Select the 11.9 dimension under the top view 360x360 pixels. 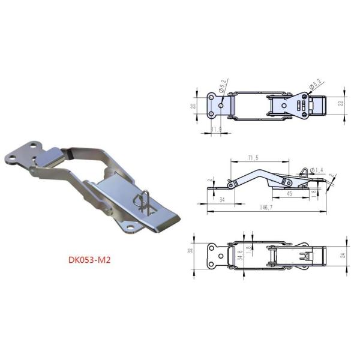[217, 129]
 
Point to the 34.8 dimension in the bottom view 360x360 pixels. [241, 256]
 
